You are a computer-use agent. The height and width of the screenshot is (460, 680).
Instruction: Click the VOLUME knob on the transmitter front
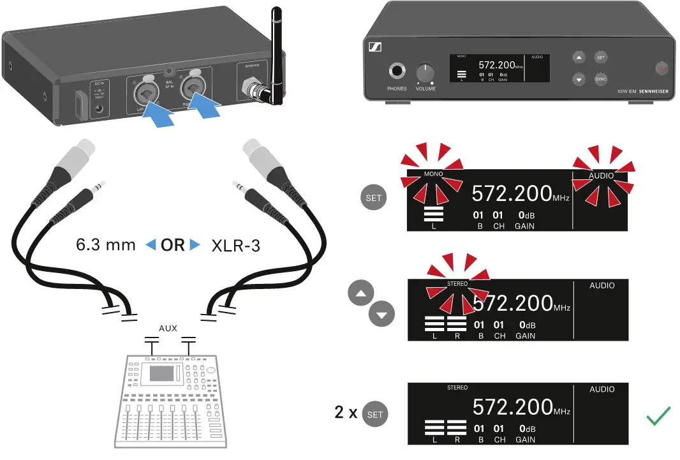425,72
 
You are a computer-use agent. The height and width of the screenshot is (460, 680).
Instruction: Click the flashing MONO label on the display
433,174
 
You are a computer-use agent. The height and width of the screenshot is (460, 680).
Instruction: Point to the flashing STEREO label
457,283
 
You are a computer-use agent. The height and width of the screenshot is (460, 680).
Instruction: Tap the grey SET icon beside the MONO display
374,198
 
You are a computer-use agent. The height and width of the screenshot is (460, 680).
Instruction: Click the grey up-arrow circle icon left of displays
360,293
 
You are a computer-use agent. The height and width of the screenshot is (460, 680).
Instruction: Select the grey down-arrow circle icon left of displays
381,314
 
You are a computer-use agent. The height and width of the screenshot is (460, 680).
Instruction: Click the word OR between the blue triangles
173,245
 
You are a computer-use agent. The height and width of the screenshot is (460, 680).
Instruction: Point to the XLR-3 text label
235,246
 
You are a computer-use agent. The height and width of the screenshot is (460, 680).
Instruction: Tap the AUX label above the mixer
168,329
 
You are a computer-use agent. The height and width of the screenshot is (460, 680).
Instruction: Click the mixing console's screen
161,373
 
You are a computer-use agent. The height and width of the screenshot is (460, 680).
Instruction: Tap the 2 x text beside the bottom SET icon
346,412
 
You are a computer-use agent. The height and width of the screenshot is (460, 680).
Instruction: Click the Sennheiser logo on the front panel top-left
374,48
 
